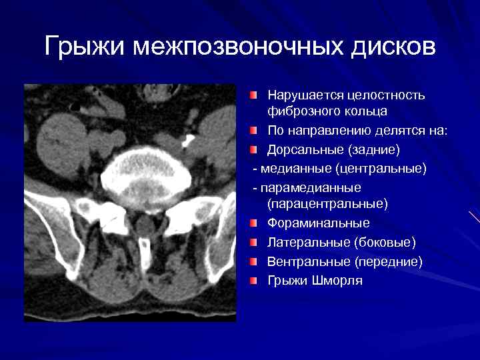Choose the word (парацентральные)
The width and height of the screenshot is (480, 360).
coord(327,203)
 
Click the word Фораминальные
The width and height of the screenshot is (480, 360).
coord(319,223)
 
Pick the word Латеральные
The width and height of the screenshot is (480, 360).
coord(308,241)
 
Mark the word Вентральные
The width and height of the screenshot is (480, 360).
coord(308,261)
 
